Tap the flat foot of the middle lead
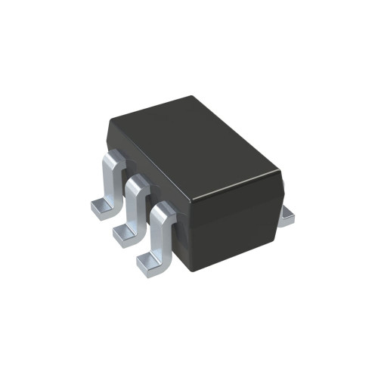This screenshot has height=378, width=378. [125, 234]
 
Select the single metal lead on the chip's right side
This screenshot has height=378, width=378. [286, 217]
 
